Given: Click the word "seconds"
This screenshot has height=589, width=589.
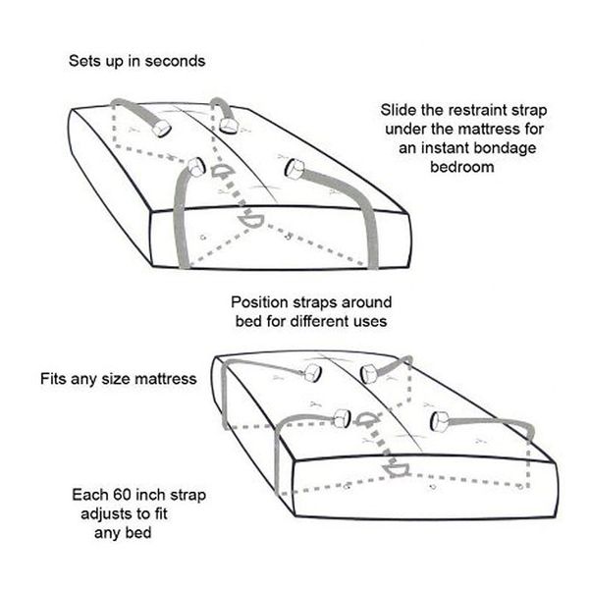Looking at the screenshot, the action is pyautogui.click(x=175, y=61).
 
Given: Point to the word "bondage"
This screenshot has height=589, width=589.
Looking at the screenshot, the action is pyautogui.click(x=505, y=148).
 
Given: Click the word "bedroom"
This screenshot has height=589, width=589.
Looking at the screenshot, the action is pyautogui.click(x=461, y=167).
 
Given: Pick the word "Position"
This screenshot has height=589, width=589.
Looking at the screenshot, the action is pyautogui.click(x=259, y=302).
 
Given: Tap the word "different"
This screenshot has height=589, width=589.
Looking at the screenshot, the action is pyautogui.click(x=315, y=321).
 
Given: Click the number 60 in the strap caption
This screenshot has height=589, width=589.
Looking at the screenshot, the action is pyautogui.click(x=122, y=495).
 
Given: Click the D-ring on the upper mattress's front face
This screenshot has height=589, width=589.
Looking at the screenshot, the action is pyautogui.click(x=249, y=221).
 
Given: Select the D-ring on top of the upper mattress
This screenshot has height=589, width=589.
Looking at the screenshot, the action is pyautogui.click(x=223, y=171).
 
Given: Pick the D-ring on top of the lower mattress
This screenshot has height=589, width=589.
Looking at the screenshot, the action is pyautogui.click(x=365, y=419).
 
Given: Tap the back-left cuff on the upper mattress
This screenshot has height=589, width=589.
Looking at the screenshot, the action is pyautogui.click(x=162, y=128).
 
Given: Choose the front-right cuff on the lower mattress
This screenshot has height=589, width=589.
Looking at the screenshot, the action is pyautogui.click(x=440, y=421).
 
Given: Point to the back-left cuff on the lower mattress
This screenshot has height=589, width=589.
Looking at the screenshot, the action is pyautogui.click(x=313, y=373).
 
